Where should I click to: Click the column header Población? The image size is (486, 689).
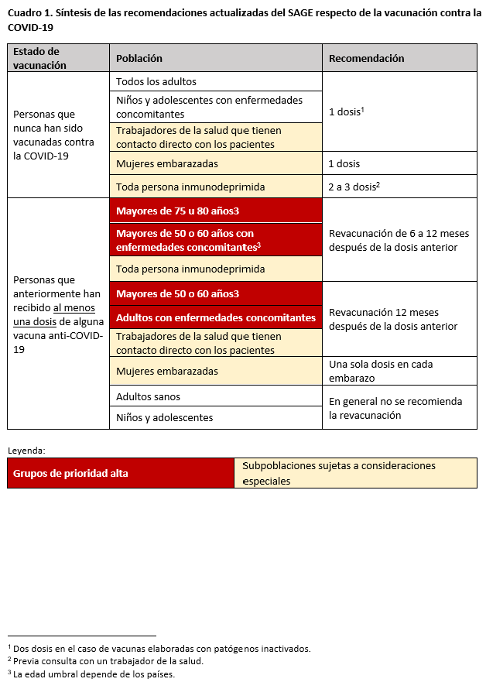coord(139,58)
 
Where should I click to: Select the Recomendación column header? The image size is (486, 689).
coord(366,58)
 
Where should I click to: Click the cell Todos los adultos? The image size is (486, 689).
coord(156,81)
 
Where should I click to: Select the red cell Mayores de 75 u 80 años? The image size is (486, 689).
coord(177,211)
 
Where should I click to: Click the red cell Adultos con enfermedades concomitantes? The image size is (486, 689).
coord(216,317)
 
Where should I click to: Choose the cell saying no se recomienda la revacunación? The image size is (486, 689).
coord(395,408)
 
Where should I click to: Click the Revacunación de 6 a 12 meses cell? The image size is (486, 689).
coord(393,240)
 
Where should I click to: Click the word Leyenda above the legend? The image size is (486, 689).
coord(26,449)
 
